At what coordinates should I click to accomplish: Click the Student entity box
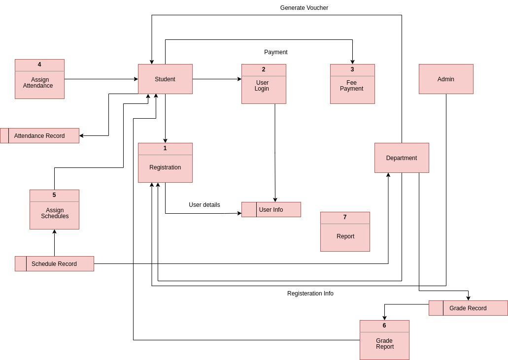[x=165, y=79]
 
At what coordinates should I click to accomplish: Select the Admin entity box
[x=446, y=79]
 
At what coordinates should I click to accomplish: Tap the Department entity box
[x=402, y=158]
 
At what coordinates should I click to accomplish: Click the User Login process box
[x=264, y=86]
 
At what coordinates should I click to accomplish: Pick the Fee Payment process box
[x=352, y=86]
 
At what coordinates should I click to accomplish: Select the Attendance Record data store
[x=39, y=135]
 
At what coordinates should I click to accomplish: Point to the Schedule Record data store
[x=54, y=263]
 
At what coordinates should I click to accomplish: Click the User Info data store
[x=271, y=209]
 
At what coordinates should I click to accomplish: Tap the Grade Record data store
[x=468, y=308]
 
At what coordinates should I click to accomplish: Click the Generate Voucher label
[x=304, y=8]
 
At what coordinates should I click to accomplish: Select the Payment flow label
[x=276, y=52]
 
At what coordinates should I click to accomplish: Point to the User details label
[x=204, y=205]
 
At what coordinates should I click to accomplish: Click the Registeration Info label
[x=310, y=294]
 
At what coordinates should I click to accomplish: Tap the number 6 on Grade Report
[x=384, y=326]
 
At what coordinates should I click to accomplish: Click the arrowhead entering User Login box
[x=239, y=79]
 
